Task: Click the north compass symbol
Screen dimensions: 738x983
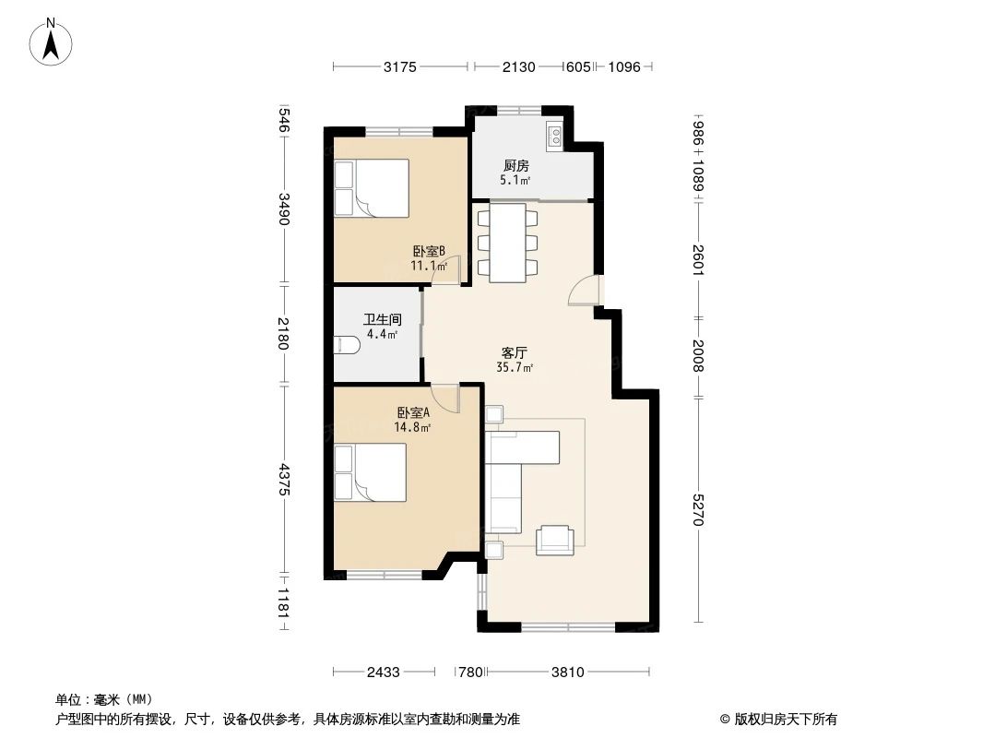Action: pos(53,42)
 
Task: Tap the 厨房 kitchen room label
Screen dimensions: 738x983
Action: pos(515,166)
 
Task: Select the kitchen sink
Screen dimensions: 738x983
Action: pos(555,137)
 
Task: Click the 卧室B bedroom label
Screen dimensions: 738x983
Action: pos(429,251)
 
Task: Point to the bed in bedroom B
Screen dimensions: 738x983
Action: pos(372,188)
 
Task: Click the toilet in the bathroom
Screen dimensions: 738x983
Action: pos(347,345)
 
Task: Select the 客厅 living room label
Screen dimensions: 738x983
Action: pos(515,352)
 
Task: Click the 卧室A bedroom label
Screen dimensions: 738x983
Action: pos(413,412)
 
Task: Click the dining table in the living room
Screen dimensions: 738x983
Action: pos(507,243)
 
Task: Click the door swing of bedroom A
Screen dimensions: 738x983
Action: pos(444,399)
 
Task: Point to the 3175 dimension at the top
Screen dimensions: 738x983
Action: pos(401,66)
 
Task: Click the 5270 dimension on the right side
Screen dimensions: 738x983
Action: pos(697,508)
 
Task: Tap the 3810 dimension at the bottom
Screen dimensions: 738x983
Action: pos(567,673)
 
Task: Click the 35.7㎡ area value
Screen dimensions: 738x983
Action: pos(515,367)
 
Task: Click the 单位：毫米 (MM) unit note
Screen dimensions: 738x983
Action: pos(104,699)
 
